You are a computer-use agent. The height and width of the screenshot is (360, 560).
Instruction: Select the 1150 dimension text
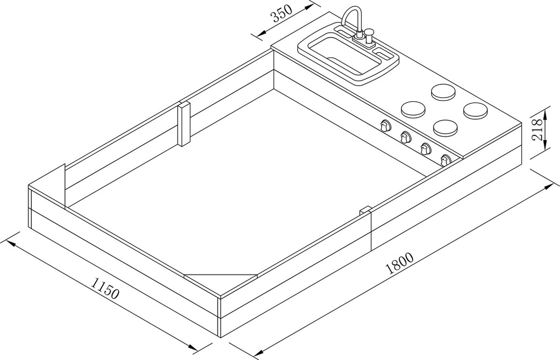(x=105, y=289)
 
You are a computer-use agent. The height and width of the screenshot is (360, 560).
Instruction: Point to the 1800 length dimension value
(x=400, y=263)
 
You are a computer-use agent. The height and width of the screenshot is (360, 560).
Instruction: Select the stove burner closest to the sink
(x=443, y=92)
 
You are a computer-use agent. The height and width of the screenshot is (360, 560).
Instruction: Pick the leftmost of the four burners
(x=413, y=110)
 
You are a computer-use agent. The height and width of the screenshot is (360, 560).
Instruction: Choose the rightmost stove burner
(x=475, y=111)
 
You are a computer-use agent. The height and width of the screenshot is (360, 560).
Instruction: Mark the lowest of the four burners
(x=445, y=128)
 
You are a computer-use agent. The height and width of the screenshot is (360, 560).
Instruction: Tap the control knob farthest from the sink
(x=445, y=160)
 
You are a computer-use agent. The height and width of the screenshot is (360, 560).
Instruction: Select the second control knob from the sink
(x=405, y=137)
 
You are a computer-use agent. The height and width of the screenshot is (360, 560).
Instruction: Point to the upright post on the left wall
(x=184, y=124)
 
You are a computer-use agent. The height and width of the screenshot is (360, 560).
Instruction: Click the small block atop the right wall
(x=365, y=211)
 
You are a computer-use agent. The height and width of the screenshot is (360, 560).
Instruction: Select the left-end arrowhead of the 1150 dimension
(x=12, y=243)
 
